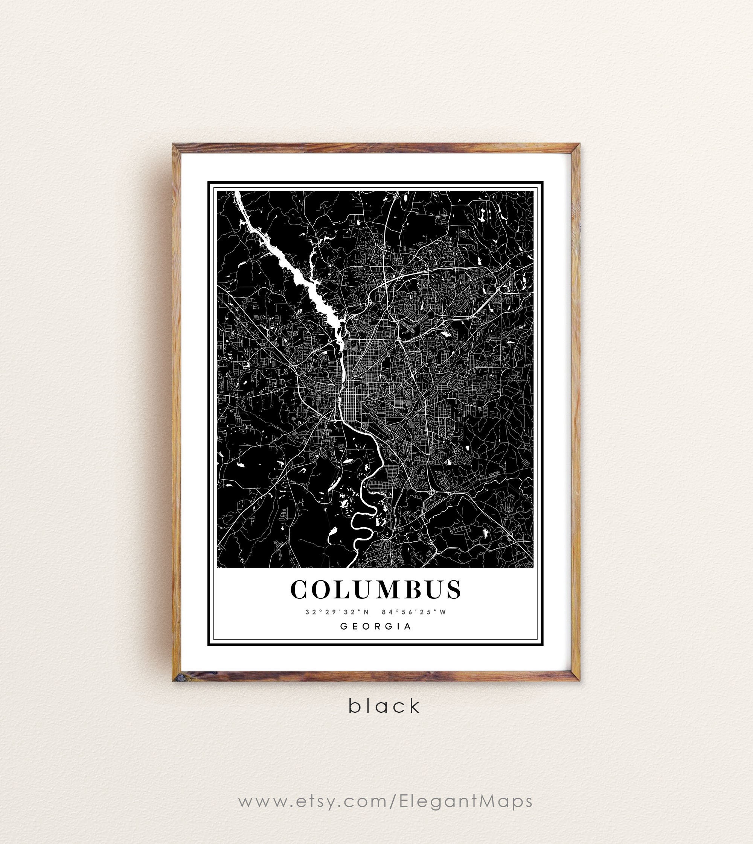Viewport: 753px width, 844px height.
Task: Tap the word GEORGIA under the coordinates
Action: pyautogui.click(x=376, y=626)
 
